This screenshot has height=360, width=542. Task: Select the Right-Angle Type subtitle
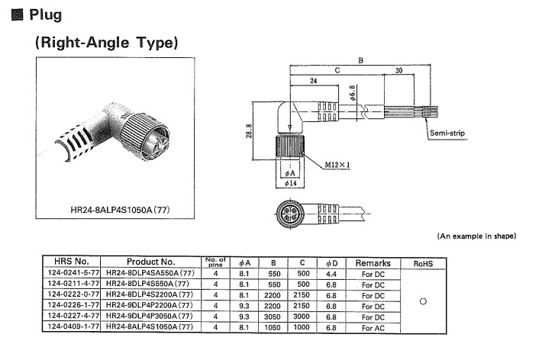click(106, 43)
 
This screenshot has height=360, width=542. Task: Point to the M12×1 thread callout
click(337, 165)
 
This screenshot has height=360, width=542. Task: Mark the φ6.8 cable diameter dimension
click(352, 95)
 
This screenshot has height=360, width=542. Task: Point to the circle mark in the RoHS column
click(422, 300)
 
